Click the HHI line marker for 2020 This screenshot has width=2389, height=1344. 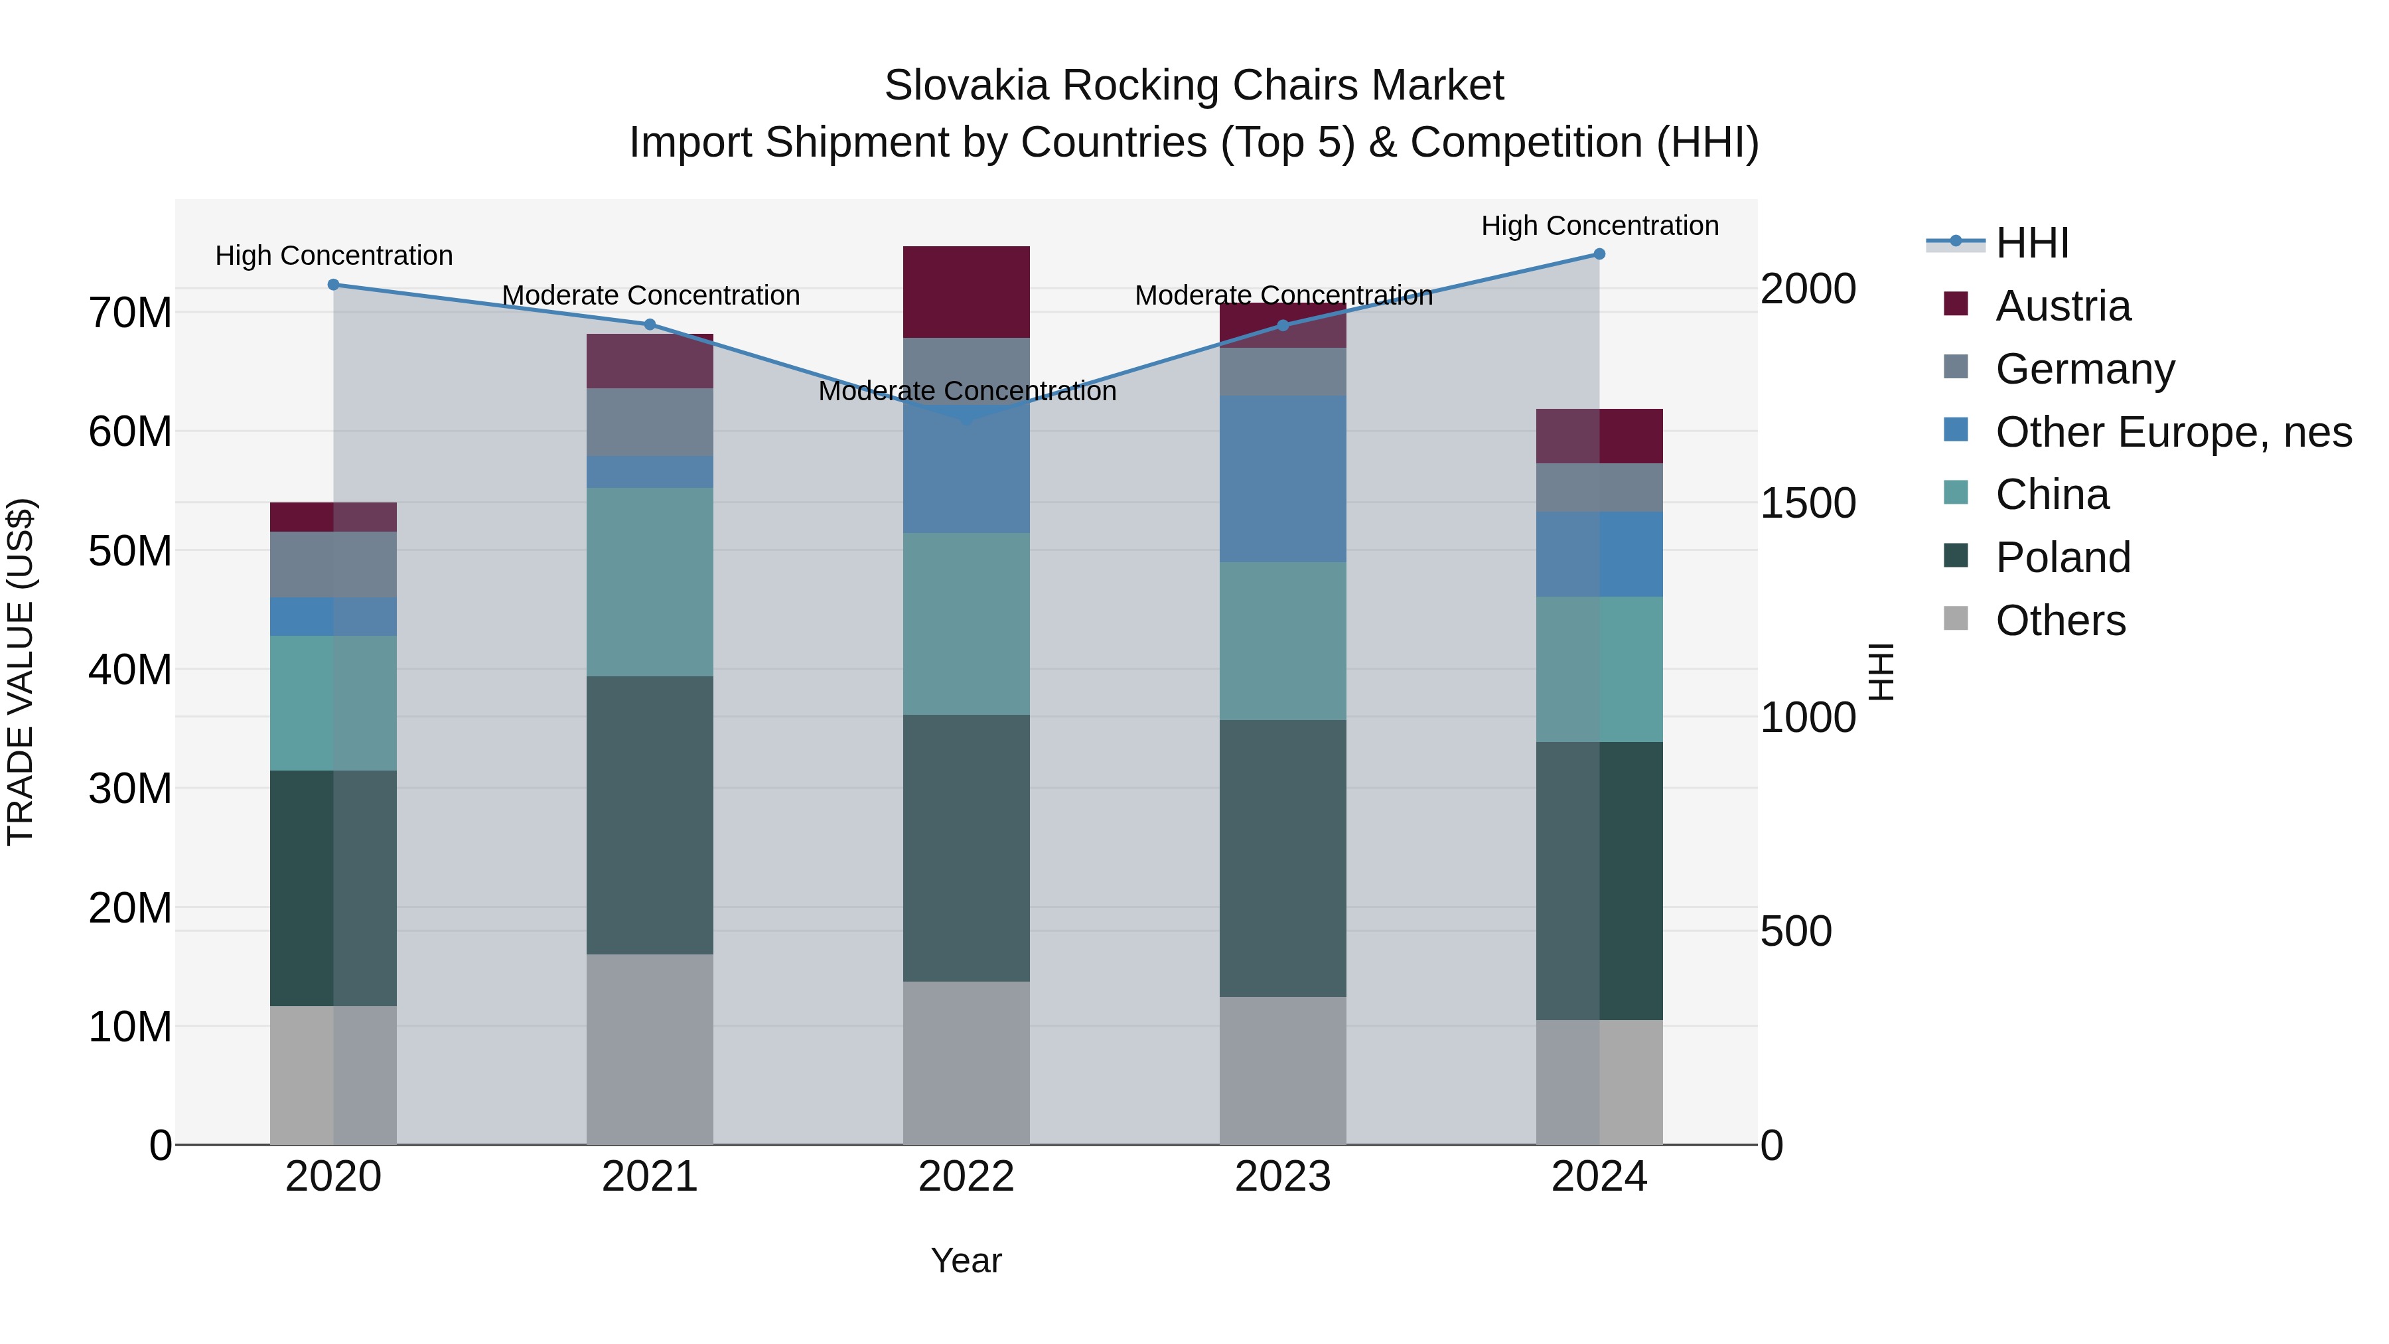[334, 285]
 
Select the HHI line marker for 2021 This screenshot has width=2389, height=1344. [650, 325]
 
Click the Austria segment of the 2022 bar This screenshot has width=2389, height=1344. [966, 291]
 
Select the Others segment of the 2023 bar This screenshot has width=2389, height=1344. [1283, 1071]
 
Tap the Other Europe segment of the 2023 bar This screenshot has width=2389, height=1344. [1283, 479]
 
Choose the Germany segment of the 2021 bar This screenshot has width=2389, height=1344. [650, 422]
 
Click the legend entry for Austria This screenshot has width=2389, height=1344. [2063, 306]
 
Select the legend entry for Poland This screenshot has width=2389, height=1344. [2063, 558]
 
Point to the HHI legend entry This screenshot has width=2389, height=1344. [2031, 243]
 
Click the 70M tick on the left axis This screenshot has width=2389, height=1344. [130, 313]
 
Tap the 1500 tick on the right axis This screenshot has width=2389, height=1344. [1808, 504]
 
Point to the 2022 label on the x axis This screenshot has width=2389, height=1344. [966, 1177]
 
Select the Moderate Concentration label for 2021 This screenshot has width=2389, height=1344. [650, 295]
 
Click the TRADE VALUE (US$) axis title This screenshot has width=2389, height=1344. [21, 672]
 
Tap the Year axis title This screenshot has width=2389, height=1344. [966, 1260]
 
